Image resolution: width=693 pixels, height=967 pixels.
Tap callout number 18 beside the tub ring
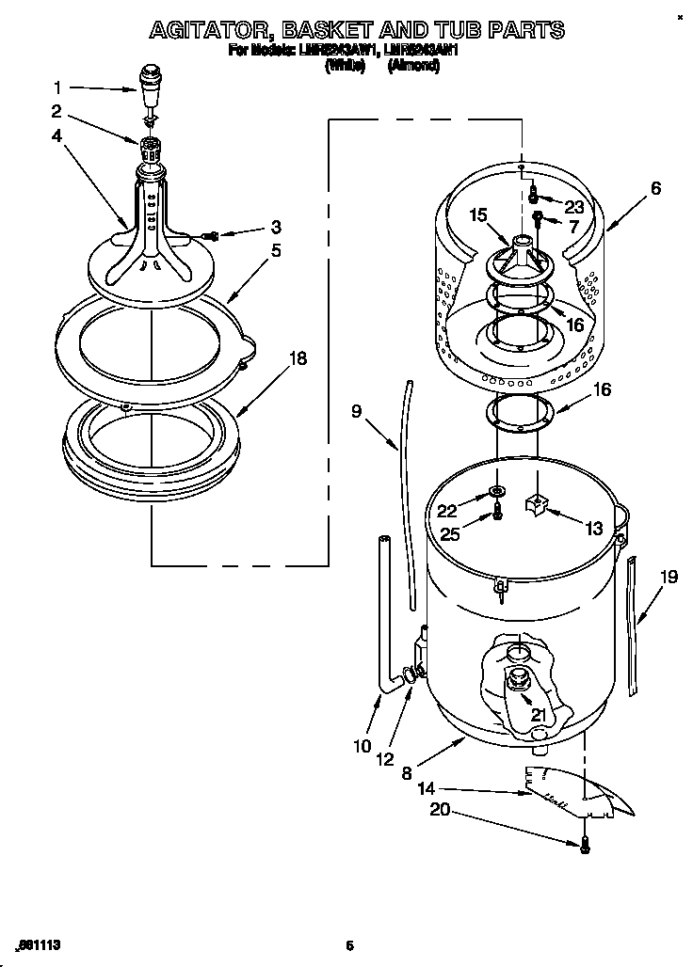[298, 359]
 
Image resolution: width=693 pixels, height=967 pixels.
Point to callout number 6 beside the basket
[655, 188]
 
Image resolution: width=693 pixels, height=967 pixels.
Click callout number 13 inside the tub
[594, 530]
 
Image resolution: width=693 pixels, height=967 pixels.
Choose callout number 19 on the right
[669, 578]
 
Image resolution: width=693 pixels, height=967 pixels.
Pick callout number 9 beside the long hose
[357, 410]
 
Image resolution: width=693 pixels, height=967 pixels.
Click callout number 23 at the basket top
[574, 207]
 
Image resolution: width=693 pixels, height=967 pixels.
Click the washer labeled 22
[495, 493]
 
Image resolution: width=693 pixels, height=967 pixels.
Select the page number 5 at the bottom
[348, 945]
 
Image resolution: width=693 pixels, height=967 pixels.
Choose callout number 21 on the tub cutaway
[538, 715]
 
